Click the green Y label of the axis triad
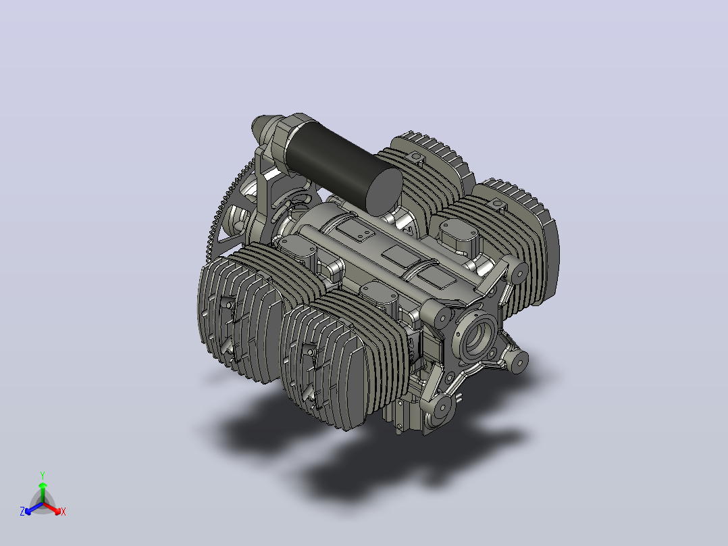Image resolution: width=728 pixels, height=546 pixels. tap(43, 475)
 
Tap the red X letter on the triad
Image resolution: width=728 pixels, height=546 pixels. tap(63, 512)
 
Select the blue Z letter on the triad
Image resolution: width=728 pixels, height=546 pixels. tap(22, 512)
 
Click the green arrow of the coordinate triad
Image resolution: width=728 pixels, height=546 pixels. tap(43, 492)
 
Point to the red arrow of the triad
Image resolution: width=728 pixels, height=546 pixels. tap(52, 508)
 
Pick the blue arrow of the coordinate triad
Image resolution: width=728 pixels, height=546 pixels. tap(34, 508)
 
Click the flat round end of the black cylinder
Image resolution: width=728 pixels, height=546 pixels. tap(384, 192)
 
